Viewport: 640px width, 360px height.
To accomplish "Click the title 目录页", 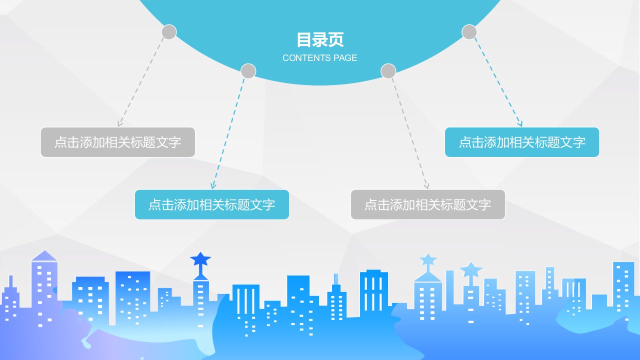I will click(x=320, y=40).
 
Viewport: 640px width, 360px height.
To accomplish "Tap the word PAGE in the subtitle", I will click(x=345, y=58).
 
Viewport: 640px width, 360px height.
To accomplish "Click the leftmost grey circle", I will click(x=169, y=32).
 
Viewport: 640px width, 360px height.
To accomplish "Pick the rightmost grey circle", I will click(x=469, y=32).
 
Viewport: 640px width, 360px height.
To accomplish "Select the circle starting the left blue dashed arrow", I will click(x=248, y=71).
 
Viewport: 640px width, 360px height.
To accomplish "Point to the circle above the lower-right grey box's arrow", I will click(x=388, y=71).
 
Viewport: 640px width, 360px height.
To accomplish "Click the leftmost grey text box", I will click(x=117, y=142).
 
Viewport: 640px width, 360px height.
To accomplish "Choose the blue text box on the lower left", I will click(x=212, y=204).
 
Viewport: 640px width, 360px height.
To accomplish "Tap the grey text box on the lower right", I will click(x=428, y=204).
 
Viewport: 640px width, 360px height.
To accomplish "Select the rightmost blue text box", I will click(x=522, y=142).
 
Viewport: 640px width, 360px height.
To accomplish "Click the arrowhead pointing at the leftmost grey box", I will click(x=120, y=123).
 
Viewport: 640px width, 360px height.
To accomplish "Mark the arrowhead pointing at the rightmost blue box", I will click(x=519, y=123).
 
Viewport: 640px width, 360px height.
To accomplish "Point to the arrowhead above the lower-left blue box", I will click(x=213, y=185).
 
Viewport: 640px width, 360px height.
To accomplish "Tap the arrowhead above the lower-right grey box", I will click(x=426, y=185).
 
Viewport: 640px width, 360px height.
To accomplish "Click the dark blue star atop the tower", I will click(x=200, y=259).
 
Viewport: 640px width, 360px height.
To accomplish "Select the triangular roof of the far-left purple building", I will click(x=44, y=256).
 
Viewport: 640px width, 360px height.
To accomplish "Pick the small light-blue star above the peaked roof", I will click(x=428, y=259).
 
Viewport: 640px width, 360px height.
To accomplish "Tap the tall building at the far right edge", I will click(x=623, y=287).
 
